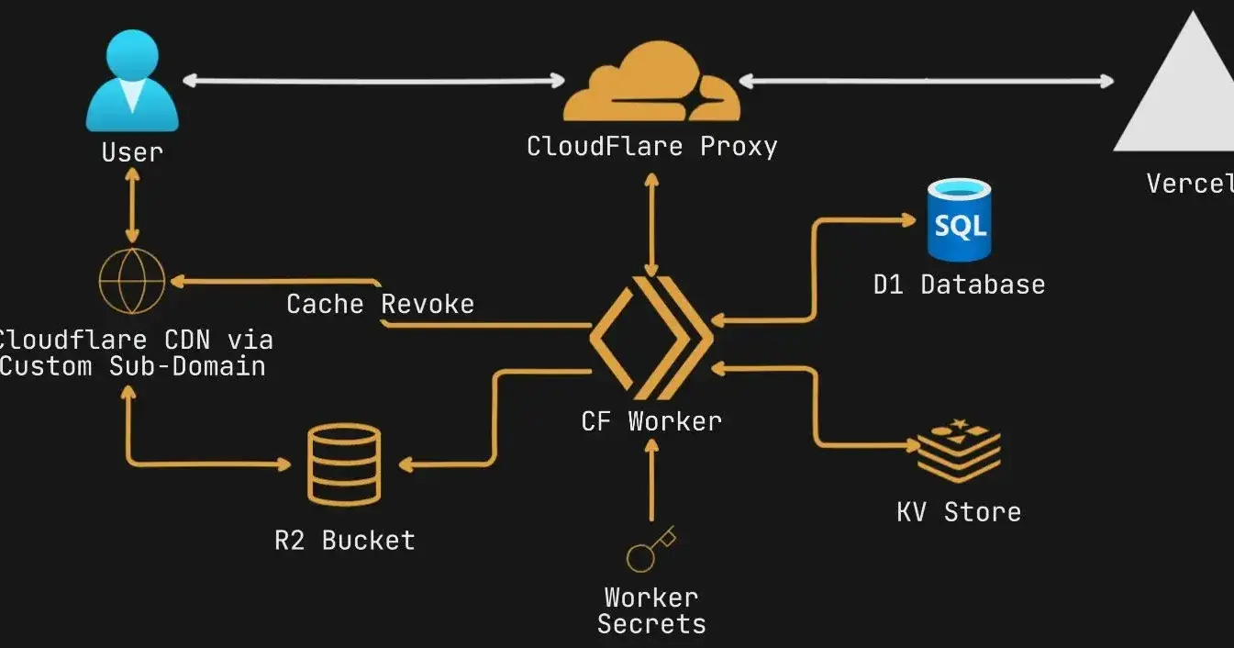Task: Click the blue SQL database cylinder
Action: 959,219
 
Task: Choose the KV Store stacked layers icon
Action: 959,450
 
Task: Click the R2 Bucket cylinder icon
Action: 344,464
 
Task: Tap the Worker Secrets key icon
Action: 650,549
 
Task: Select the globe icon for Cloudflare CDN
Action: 132,279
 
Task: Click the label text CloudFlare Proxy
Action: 651,146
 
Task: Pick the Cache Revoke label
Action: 380,304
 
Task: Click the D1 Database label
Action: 959,285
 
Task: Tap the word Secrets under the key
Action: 651,624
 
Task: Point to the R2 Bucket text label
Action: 344,540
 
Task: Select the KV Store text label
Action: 959,511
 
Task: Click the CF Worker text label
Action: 651,421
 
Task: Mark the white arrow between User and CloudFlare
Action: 373,81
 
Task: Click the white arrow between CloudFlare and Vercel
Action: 926,81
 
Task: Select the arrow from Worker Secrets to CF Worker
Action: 651,481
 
